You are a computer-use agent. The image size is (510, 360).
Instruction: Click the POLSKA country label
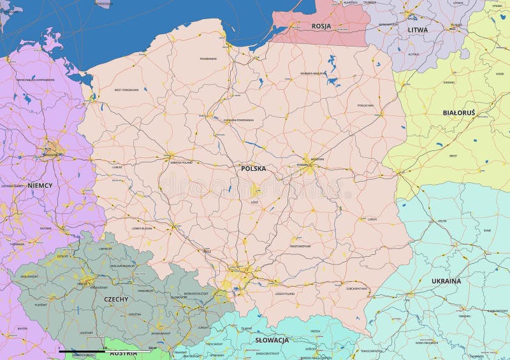(253, 169)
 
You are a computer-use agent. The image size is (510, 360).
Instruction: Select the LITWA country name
(418, 29)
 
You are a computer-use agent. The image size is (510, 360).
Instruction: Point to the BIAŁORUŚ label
(459, 112)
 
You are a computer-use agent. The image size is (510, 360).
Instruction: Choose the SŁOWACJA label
(272, 340)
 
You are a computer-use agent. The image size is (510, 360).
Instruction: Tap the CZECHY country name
(116, 298)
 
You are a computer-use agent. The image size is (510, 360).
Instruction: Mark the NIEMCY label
(40, 185)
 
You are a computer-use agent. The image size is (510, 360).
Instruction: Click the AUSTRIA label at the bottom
(123, 352)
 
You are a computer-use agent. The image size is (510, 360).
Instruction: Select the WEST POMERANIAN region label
(126, 90)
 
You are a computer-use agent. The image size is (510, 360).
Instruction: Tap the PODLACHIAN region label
(365, 105)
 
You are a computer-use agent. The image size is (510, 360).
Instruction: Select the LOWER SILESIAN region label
(142, 227)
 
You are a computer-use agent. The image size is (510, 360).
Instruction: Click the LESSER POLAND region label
(284, 294)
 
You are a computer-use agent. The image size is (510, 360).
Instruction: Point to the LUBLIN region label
(372, 219)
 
